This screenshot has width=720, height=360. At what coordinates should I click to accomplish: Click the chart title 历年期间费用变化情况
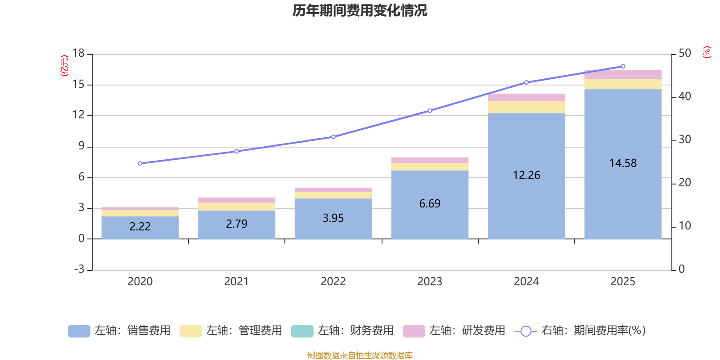[x=360, y=10]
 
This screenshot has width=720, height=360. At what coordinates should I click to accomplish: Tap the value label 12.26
[x=526, y=175]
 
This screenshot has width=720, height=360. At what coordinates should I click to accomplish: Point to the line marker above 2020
[x=140, y=163]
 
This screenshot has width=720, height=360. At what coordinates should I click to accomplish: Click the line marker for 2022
[x=333, y=137]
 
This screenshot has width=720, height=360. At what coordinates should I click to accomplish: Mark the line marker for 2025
[x=623, y=67]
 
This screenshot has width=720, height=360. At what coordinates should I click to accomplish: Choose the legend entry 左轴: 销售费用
[x=119, y=331]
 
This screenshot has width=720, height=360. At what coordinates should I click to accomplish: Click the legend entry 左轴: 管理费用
[x=231, y=331]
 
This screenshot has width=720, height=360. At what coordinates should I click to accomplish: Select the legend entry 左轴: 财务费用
[x=342, y=331]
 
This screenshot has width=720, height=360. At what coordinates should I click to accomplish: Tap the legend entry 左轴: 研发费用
[x=454, y=331]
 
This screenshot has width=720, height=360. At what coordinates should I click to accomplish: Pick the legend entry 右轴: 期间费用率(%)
[x=580, y=331]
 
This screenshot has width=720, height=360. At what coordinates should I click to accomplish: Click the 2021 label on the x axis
[x=236, y=282]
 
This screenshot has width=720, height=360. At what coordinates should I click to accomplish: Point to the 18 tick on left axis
[x=78, y=53]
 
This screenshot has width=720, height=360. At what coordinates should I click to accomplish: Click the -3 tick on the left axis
[x=79, y=269]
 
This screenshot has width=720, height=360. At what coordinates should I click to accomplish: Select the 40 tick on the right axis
[x=684, y=96]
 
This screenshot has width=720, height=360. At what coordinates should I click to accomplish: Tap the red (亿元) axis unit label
[x=64, y=66]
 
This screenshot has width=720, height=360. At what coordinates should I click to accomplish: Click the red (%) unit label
[x=707, y=52]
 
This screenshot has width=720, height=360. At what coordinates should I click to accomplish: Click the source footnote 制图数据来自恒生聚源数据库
[x=360, y=355]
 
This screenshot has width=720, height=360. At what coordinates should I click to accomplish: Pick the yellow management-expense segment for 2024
[x=526, y=107]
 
